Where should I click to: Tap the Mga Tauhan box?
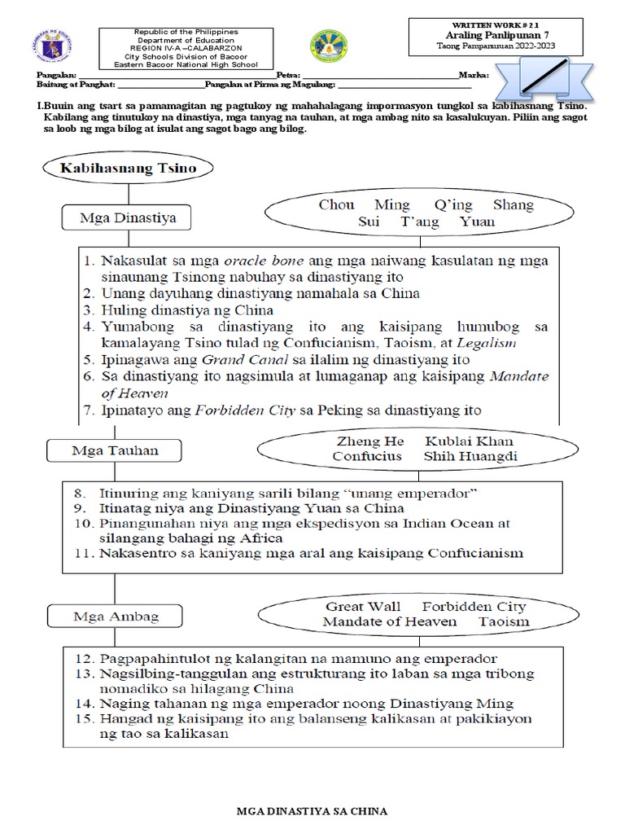102,450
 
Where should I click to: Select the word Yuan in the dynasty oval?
476,221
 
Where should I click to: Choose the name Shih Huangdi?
470,456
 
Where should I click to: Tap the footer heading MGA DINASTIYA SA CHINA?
312,811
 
